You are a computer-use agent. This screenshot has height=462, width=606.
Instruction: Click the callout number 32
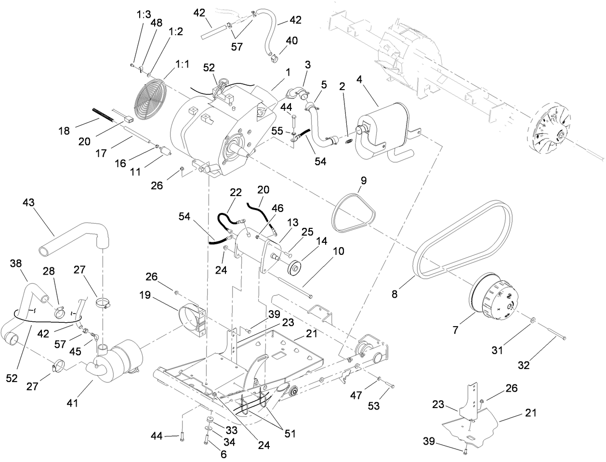[524, 365]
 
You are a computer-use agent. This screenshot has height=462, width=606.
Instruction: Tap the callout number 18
[65, 131]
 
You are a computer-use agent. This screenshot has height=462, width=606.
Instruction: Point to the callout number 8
[395, 293]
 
